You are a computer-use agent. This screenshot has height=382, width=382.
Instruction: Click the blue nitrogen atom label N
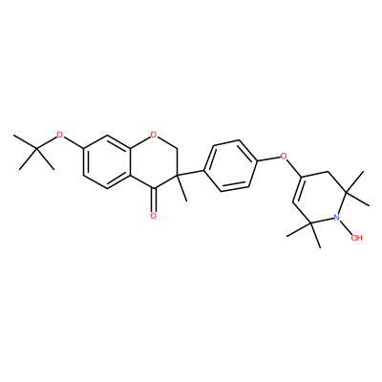click(336, 218)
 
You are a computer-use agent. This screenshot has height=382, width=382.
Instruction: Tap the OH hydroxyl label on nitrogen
click(356, 238)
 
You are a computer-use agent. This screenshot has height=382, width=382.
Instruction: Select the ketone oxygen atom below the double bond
click(154, 216)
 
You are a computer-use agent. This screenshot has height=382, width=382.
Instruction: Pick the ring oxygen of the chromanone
click(154, 135)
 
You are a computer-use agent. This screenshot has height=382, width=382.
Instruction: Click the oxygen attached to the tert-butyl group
click(59, 135)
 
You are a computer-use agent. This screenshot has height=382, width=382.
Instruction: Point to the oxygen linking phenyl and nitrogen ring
click(283, 156)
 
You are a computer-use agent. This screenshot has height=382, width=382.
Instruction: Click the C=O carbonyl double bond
click(154, 200)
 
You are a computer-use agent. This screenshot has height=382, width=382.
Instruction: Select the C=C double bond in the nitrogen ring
click(297, 189)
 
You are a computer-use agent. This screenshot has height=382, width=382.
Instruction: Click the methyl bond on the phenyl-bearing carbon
click(181, 188)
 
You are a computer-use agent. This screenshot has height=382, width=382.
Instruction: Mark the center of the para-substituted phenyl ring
click(230, 166)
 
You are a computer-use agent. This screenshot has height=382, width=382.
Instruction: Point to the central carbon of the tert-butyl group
click(36, 149)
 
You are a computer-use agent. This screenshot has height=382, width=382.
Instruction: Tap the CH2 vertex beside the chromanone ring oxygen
click(178, 149)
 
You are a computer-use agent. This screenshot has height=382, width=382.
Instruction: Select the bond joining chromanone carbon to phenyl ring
click(191, 173)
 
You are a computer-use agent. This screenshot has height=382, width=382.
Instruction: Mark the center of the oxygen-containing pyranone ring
click(154, 162)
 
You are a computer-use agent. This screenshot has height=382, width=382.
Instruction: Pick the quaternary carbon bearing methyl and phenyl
click(178, 175)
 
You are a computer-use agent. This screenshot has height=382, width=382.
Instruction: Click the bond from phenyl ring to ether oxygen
click(267, 159)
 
